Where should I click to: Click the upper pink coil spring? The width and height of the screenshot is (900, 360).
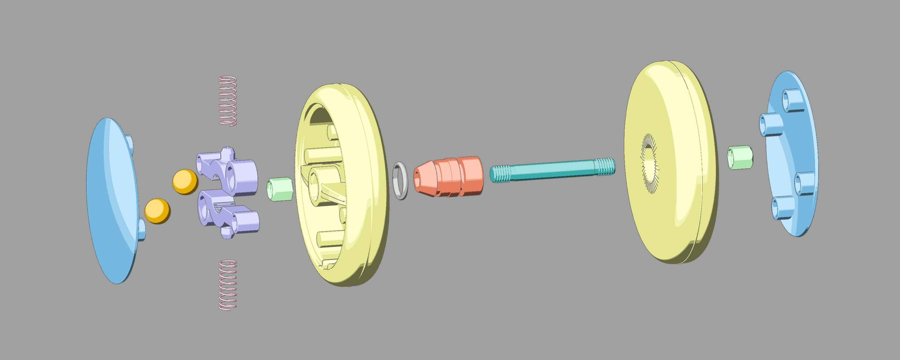(x=228, y=100)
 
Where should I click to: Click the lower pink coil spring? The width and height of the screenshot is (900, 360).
(x=228, y=285)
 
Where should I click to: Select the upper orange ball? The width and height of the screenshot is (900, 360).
(x=185, y=181)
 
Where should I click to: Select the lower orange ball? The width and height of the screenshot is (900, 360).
(x=157, y=211)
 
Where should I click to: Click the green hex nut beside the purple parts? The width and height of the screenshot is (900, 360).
(x=280, y=188)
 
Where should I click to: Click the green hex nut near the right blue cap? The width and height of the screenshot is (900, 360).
(x=740, y=157)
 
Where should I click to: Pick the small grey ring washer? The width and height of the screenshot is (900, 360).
(x=400, y=180)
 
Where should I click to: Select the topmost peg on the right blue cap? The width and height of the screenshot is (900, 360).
(x=792, y=100)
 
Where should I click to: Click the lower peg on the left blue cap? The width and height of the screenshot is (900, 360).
(x=142, y=229)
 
